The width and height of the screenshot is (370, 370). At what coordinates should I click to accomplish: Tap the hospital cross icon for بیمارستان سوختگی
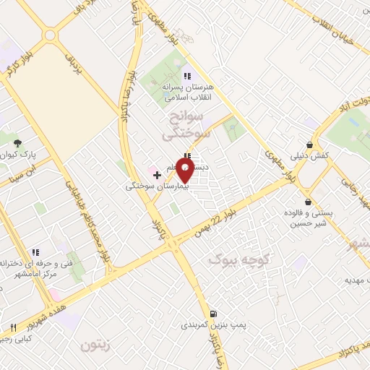click(157, 174)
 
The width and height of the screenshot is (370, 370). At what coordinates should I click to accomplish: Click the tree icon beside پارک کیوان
click(18, 143)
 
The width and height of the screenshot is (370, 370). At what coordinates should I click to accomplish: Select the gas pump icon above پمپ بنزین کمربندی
click(212, 314)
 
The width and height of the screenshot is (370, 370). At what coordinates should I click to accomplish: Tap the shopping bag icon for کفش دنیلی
click(310, 144)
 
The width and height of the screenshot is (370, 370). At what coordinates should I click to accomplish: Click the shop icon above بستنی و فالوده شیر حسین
click(310, 202)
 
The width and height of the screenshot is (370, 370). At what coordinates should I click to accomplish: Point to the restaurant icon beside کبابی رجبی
click(13, 328)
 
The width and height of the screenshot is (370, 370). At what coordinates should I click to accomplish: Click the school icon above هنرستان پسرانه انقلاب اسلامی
click(186, 76)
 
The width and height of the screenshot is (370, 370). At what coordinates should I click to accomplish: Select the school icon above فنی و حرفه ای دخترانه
click(34, 253)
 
